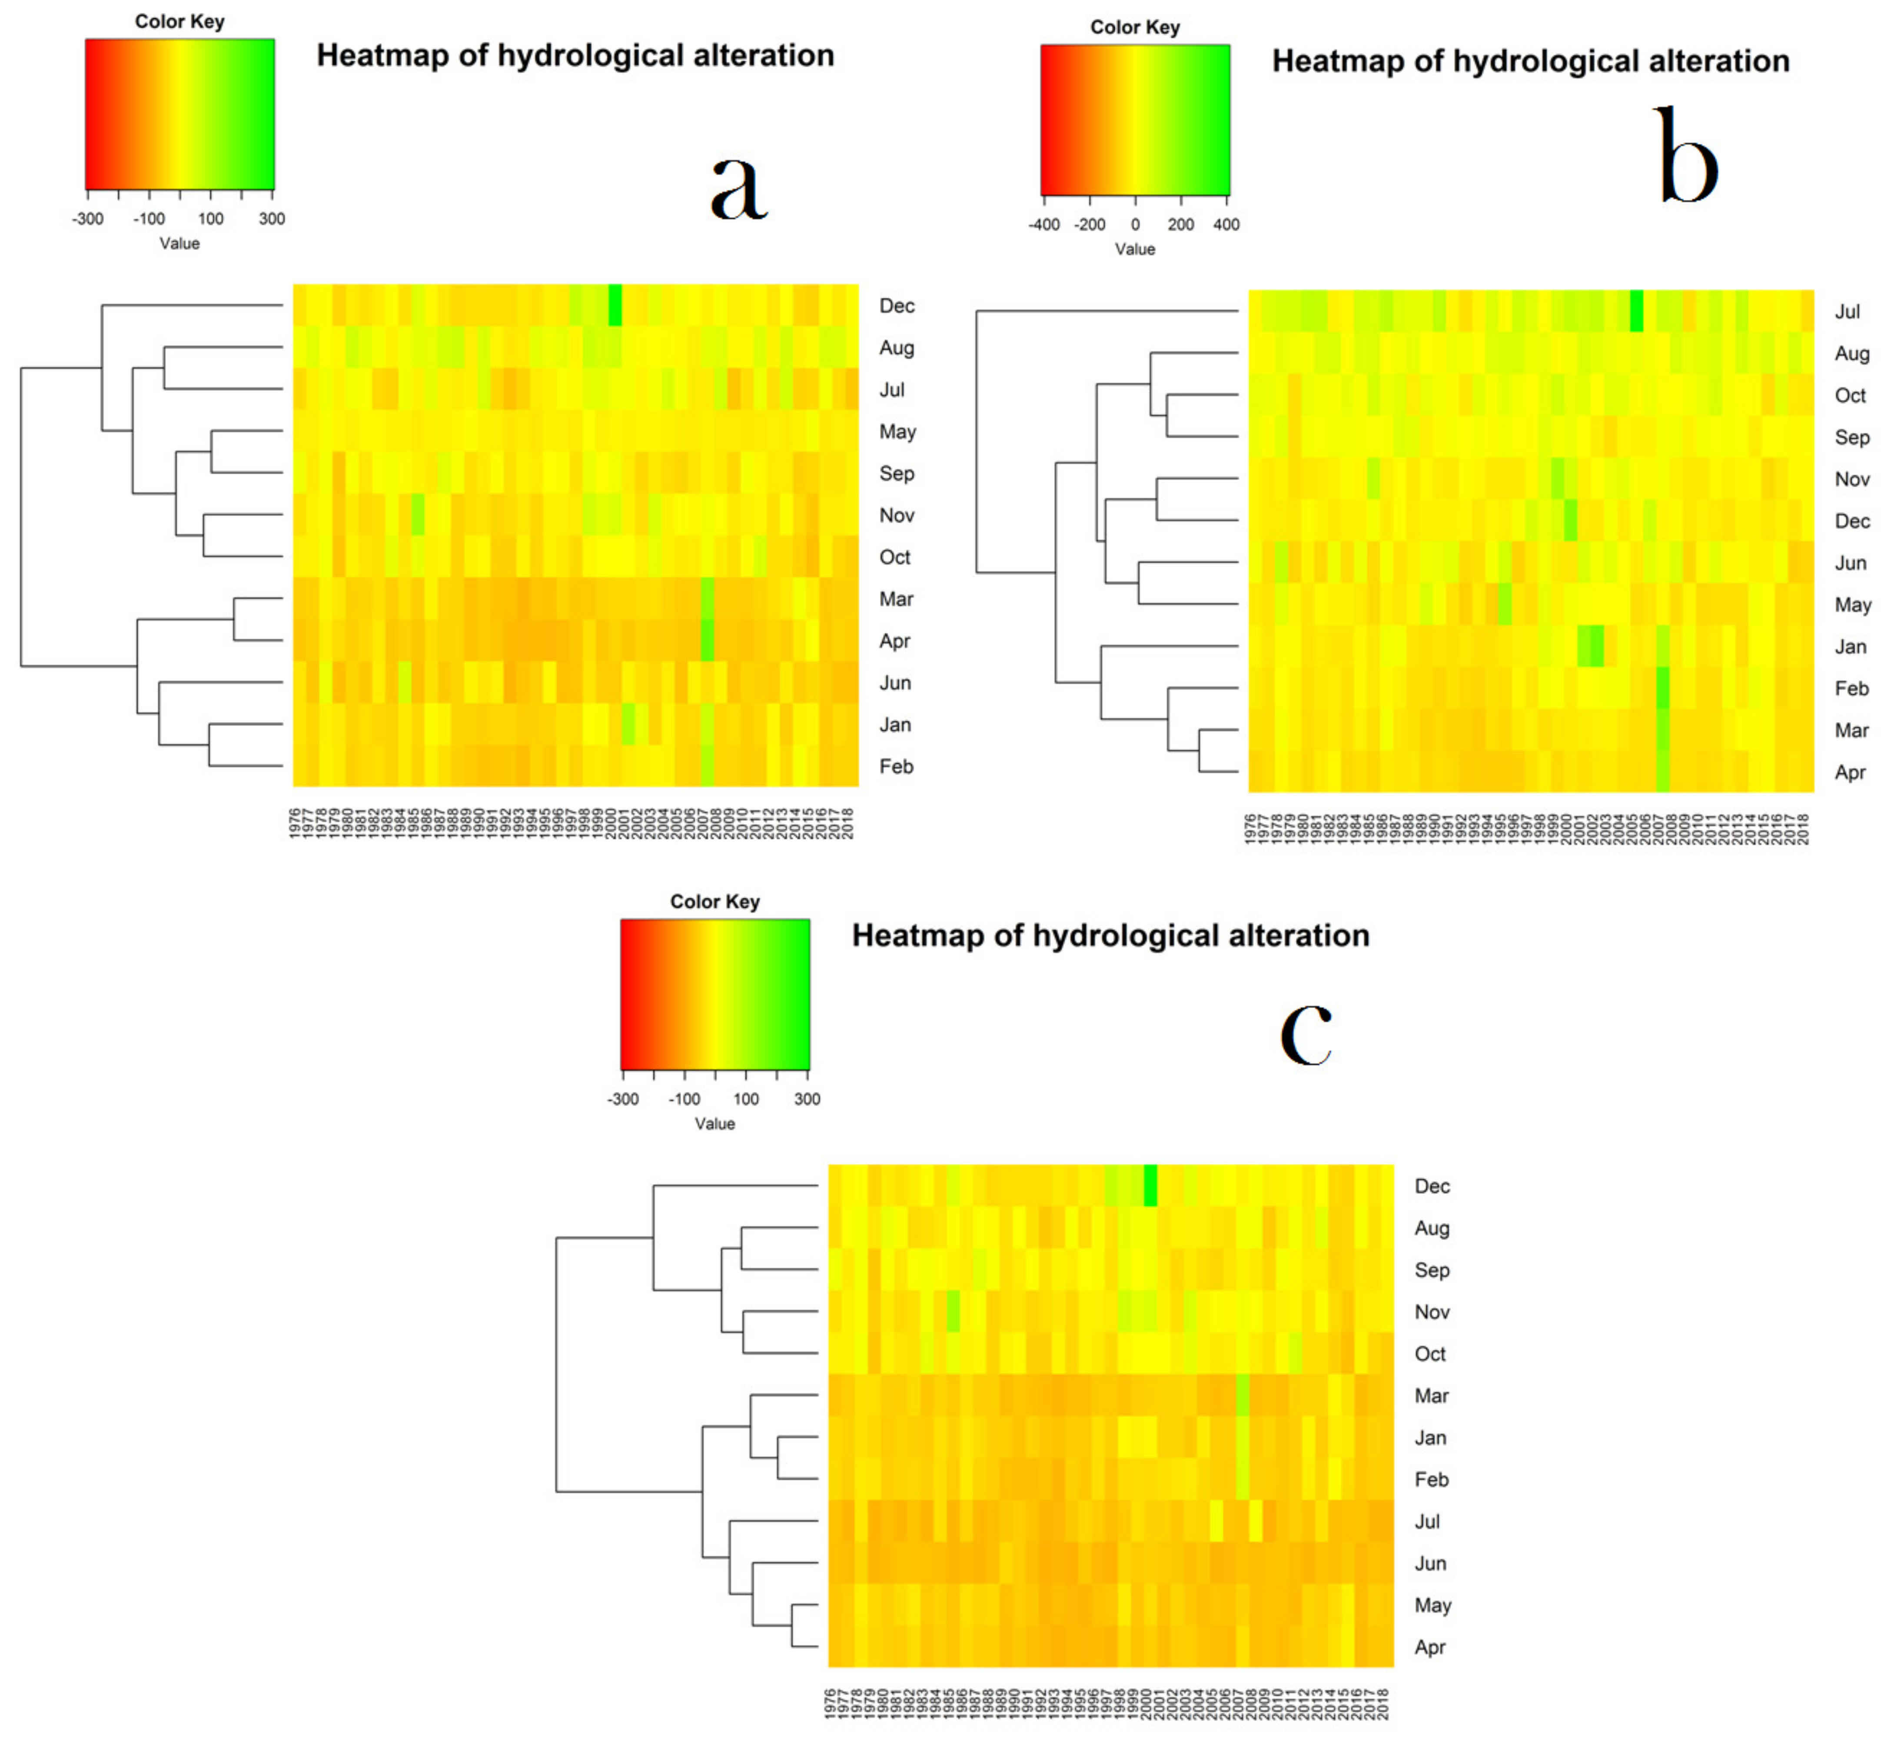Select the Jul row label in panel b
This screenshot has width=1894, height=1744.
click(x=1847, y=311)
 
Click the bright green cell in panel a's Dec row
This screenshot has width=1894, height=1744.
click(x=615, y=305)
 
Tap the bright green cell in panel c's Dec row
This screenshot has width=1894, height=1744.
click(x=1150, y=1185)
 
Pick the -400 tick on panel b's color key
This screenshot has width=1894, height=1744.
click(x=1044, y=225)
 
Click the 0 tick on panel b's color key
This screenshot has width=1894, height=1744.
click(x=1135, y=225)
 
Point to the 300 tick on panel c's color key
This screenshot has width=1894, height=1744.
click(x=807, y=1099)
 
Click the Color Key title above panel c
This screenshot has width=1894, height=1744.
click(x=714, y=901)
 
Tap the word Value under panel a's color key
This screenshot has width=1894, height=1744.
click(x=179, y=243)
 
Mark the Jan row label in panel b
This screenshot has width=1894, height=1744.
click(x=1850, y=646)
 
